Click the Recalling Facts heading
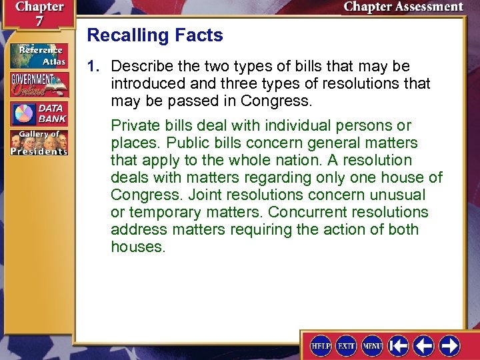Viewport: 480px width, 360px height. (x=155, y=35)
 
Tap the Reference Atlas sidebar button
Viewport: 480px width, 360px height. (x=39, y=55)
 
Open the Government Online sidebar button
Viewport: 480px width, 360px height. (x=39, y=84)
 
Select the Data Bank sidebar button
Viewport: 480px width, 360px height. (x=39, y=113)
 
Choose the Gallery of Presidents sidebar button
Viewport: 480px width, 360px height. (x=39, y=143)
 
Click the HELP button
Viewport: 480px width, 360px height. (x=321, y=345)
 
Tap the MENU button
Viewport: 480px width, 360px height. (x=371, y=345)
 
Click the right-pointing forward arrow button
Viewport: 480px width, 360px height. (x=449, y=345)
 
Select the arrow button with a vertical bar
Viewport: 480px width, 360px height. (x=398, y=345)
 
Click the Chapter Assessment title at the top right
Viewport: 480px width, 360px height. (x=403, y=7)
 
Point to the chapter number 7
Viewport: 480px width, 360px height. (x=30, y=21)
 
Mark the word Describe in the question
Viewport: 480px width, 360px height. (x=140, y=67)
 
